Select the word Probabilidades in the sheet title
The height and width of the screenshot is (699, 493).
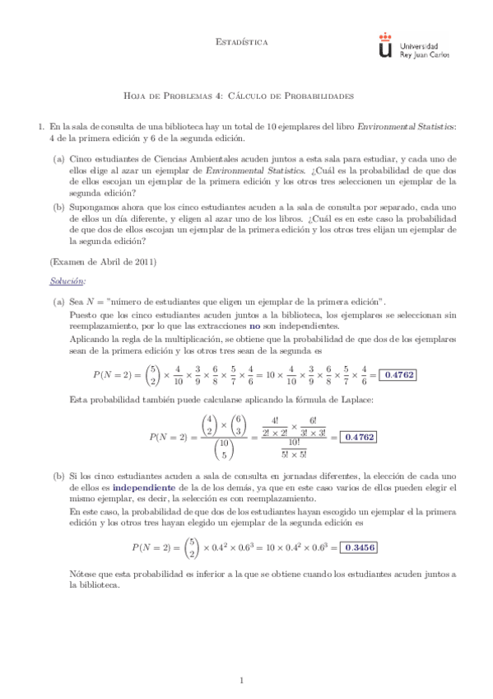(315, 95)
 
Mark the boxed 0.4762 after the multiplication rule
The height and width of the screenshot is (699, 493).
(398, 374)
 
